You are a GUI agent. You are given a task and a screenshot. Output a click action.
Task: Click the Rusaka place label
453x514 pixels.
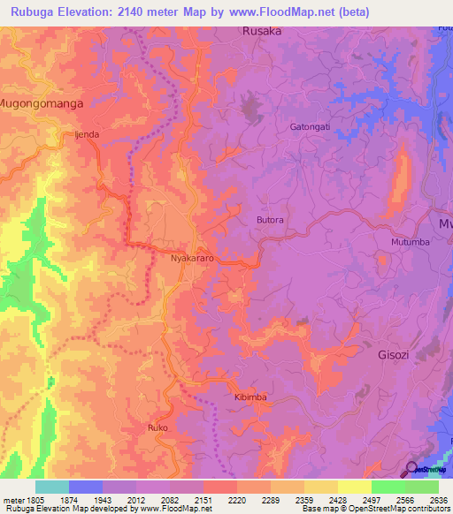click(x=262, y=31)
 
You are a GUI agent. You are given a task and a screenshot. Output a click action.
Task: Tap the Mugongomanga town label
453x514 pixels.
click(x=42, y=103)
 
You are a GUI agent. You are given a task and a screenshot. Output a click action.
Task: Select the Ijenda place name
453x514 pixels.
click(x=86, y=135)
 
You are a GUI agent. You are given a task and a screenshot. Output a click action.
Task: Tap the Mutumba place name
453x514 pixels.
click(x=410, y=241)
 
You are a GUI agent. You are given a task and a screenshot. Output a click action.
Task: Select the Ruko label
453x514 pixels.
click(x=157, y=427)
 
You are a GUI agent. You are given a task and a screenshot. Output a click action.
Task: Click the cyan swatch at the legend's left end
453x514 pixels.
click(x=52, y=487)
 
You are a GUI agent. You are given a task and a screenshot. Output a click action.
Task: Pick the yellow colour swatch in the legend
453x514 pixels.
click(x=354, y=487)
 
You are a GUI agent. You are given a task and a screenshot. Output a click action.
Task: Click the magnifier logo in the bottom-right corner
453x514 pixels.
click(x=411, y=470)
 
